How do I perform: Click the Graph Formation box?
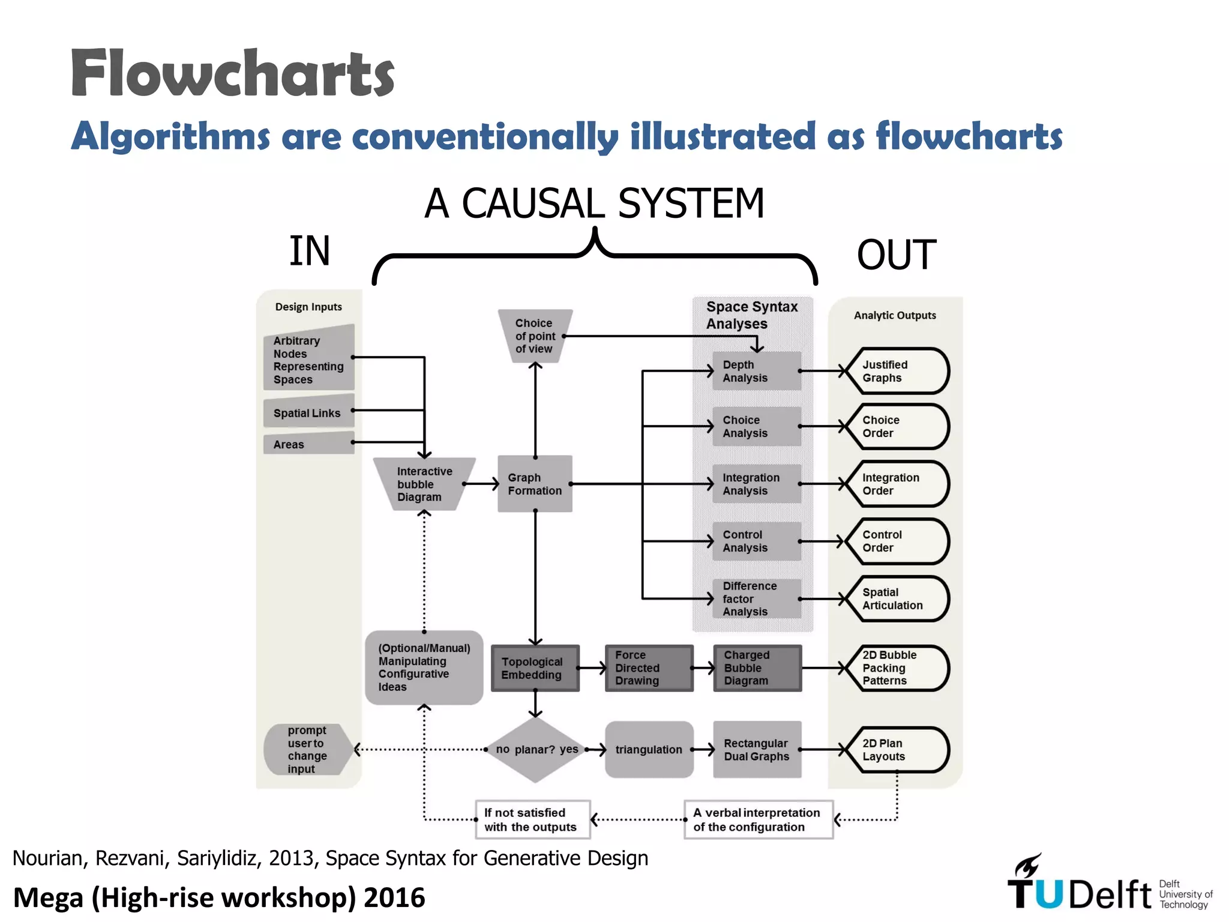pos(535,484)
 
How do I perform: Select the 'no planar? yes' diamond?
pos(536,750)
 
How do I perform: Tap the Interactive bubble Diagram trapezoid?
pos(424,484)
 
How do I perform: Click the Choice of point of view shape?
pos(535,336)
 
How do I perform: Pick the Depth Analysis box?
pos(756,371)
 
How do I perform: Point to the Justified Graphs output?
pos(897,371)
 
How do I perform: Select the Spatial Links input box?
pos(308,412)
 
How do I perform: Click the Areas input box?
pos(308,444)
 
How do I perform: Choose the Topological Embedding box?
pos(535,668)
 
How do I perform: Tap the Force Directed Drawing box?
pos(649,668)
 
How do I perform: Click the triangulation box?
pos(649,750)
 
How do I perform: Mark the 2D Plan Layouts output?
pos(897,750)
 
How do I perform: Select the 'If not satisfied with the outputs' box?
pos(533,819)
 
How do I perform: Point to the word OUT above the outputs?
pos(897,255)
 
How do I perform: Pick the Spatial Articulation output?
pos(897,598)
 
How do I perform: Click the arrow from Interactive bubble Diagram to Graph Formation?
pos(482,484)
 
